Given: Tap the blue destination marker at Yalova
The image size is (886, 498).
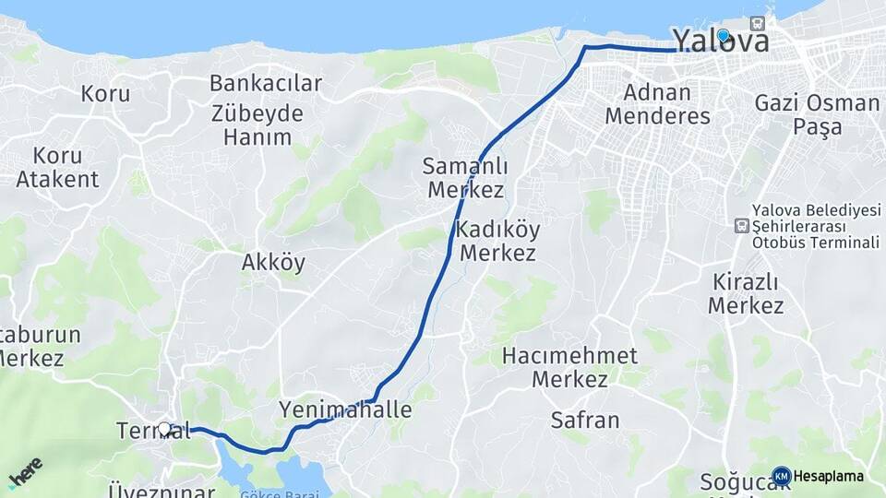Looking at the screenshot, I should click(x=724, y=36).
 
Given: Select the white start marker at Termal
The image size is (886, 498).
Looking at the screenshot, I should click(x=165, y=428).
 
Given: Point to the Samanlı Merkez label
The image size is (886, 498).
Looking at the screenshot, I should click(x=463, y=178).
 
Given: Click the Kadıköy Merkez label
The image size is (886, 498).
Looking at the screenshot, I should click(x=497, y=240).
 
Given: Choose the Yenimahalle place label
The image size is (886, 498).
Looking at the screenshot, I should click(x=345, y=409).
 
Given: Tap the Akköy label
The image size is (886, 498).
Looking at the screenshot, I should click(x=273, y=263).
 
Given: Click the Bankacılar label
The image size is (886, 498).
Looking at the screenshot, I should click(x=266, y=83).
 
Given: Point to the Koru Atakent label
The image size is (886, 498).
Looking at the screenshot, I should click(x=57, y=167).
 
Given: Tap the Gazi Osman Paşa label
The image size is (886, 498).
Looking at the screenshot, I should click(x=817, y=114).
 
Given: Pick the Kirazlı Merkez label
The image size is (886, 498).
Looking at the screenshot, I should click(x=746, y=293).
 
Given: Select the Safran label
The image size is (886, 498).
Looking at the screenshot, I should click(x=584, y=421).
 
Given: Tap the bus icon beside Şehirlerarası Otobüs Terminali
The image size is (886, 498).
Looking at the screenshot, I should click(x=741, y=226).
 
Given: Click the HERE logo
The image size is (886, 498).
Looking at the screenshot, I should click(x=25, y=473).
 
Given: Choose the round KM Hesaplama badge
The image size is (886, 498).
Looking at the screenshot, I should click(x=782, y=476).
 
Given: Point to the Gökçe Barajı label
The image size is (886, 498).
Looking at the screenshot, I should click(x=279, y=493).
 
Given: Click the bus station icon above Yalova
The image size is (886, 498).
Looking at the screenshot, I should click(x=758, y=23).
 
